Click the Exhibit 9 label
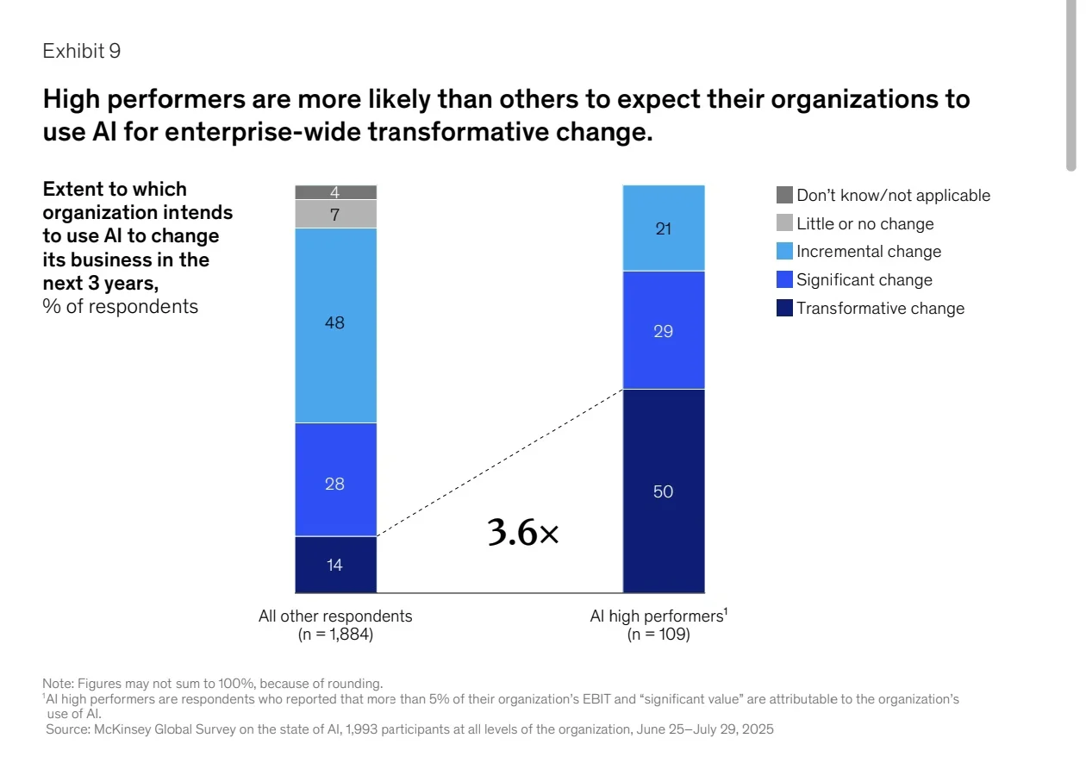click(81, 51)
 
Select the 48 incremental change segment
click(336, 326)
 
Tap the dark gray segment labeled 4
click(336, 192)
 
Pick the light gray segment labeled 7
click(336, 214)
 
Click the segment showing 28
click(336, 479)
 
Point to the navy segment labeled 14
click(336, 565)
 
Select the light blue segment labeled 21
click(664, 228)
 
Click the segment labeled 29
click(664, 330)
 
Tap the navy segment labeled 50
click(664, 491)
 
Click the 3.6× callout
click(523, 533)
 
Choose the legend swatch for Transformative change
click(784, 308)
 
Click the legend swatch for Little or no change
click(784, 223)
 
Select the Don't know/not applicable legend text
click(894, 195)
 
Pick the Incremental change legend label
click(869, 251)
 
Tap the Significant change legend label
click(864, 280)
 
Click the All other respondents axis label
click(335, 616)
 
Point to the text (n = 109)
click(658, 634)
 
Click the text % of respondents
click(121, 307)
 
